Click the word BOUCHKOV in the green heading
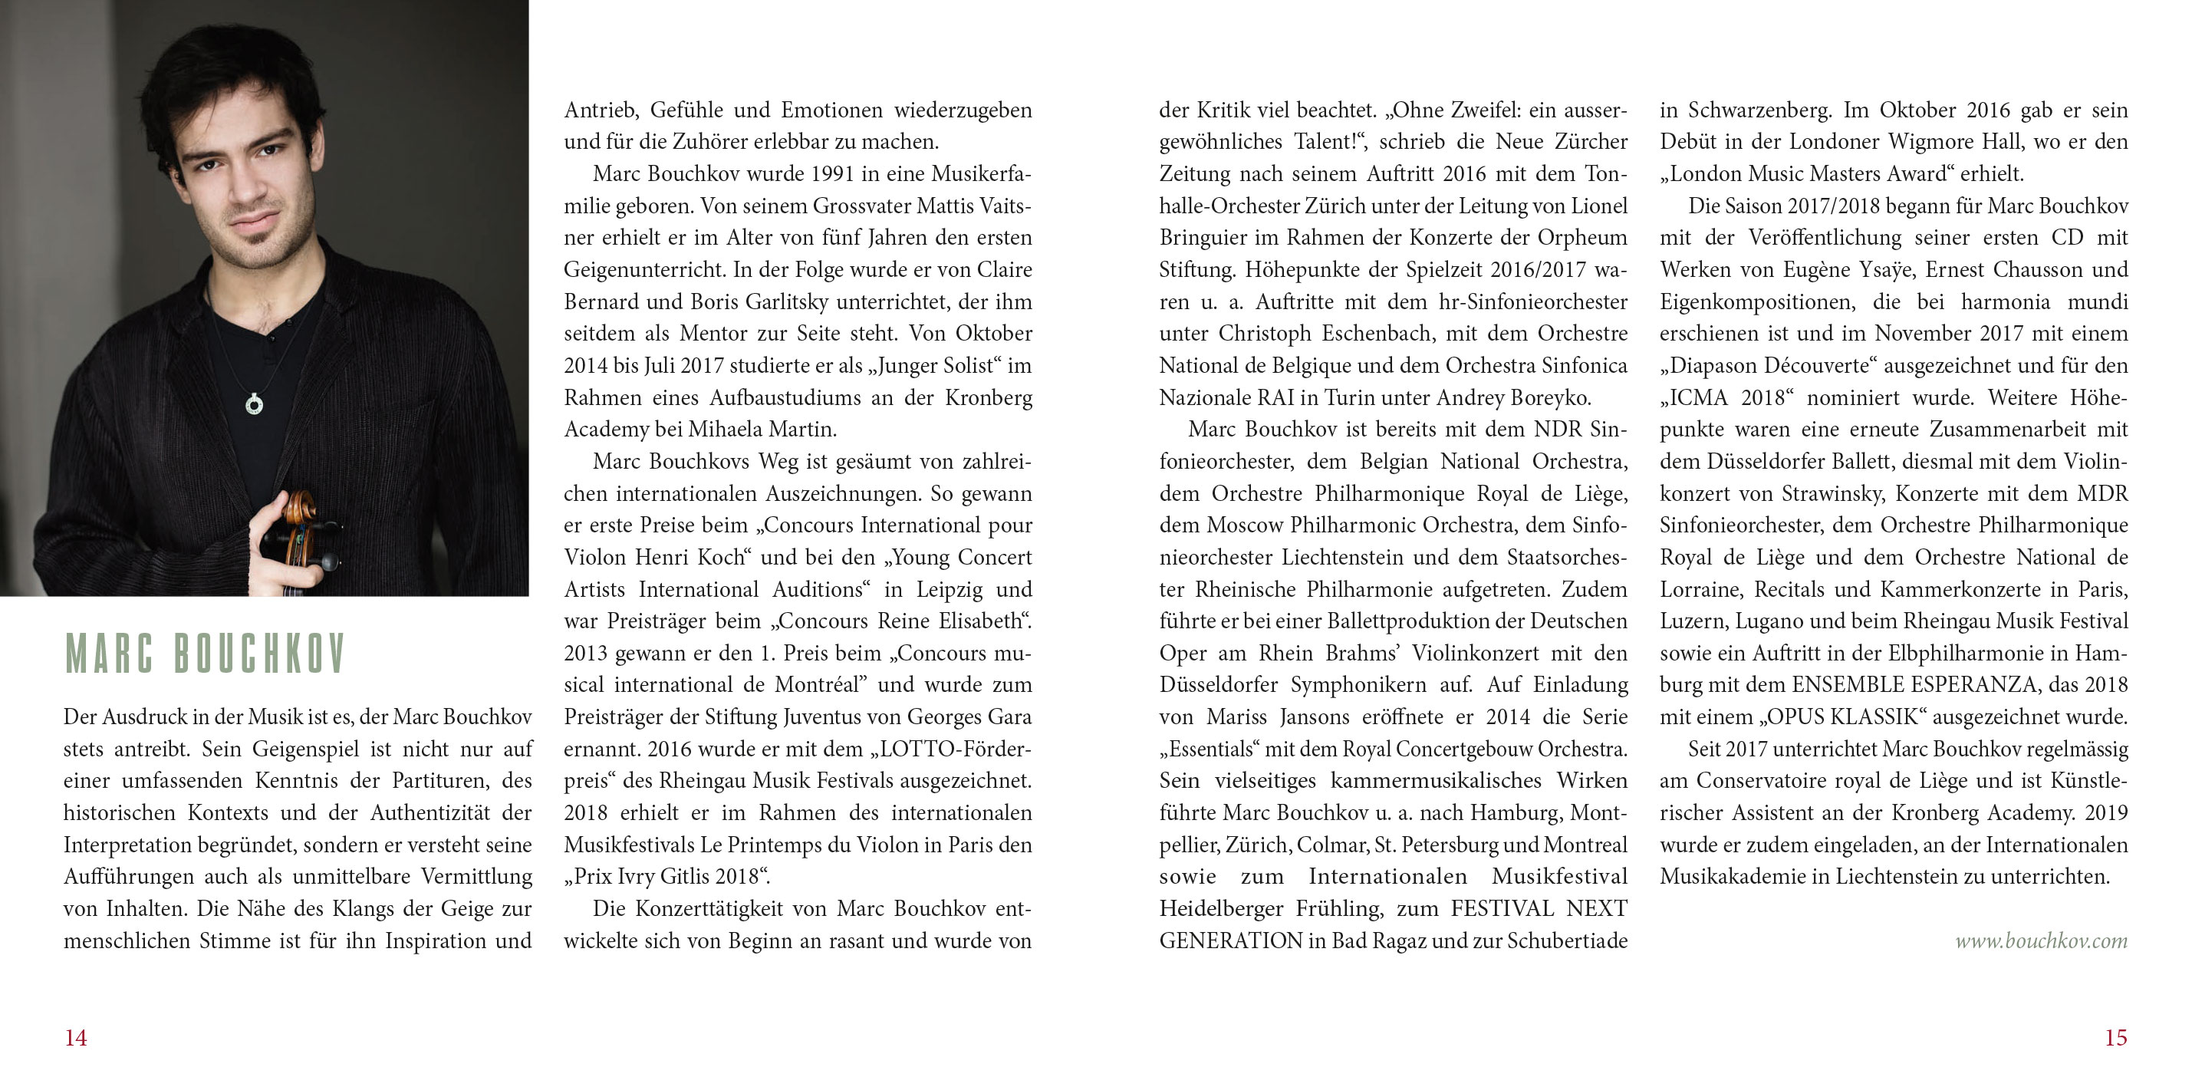pyautogui.click(x=258, y=654)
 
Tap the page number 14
pyautogui.click(x=76, y=1038)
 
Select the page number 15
pyautogui.click(x=2115, y=1038)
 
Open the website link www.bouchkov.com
pyautogui.click(x=2041, y=940)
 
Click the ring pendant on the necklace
pyautogui.click(x=254, y=404)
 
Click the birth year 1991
pyautogui.click(x=832, y=174)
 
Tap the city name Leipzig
pyautogui.click(x=950, y=590)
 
